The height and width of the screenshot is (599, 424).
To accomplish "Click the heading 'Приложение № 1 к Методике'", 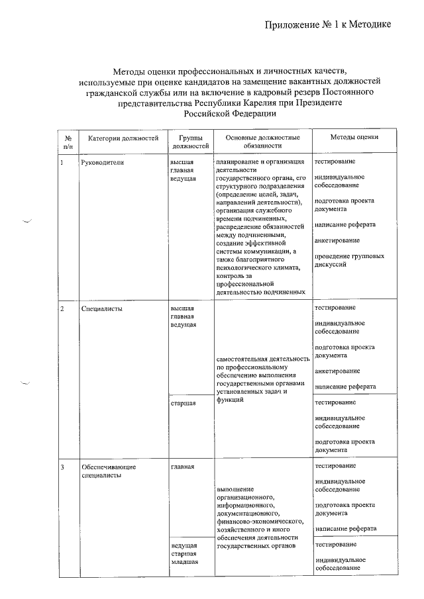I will pos(328,24).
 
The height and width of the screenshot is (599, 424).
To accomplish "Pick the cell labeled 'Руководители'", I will pos(101,161).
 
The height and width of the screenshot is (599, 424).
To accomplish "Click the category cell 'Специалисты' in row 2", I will pos(101,308).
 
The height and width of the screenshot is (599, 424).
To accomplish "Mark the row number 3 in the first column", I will pos(62,467).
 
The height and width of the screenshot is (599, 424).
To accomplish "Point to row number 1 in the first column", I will pos(62,161).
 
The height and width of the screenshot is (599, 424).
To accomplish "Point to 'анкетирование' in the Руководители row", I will pos(338,240).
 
